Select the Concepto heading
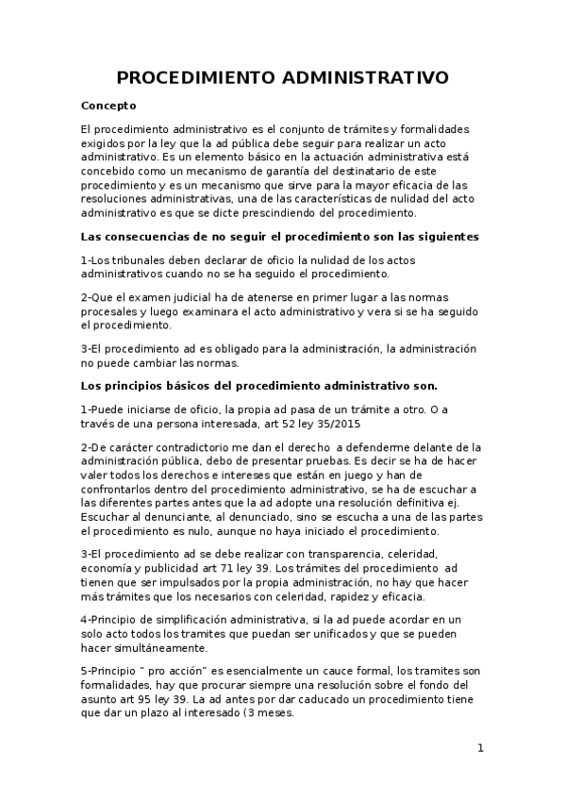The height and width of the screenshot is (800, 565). coord(108,106)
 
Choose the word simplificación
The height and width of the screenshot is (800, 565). coord(193,618)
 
